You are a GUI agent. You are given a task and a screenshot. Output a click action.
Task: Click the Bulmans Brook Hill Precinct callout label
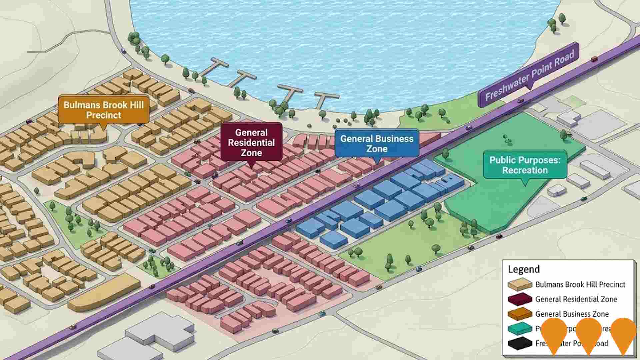point(103,110)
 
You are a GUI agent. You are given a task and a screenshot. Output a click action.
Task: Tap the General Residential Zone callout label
point(251,142)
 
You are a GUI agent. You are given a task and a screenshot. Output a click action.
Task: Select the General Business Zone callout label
point(377,143)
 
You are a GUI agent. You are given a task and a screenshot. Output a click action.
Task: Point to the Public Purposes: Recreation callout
point(525,165)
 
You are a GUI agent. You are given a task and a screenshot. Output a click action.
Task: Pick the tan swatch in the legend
point(520,284)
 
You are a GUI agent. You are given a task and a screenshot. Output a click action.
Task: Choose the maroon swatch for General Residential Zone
point(520,299)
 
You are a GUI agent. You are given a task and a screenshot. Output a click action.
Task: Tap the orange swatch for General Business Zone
point(520,314)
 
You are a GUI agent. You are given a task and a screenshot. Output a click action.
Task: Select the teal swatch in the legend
point(520,328)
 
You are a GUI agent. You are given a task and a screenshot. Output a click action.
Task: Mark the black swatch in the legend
point(520,343)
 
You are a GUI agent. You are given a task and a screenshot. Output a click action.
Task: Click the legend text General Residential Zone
point(576,299)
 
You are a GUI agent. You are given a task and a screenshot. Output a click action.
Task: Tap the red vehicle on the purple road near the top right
point(594,59)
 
